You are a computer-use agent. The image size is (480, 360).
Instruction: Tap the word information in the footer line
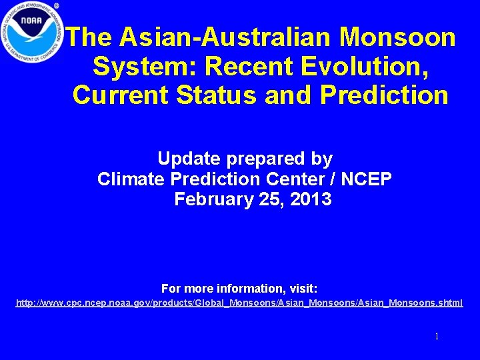pos(251,289)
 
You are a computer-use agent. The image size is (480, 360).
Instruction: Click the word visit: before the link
pos(303,289)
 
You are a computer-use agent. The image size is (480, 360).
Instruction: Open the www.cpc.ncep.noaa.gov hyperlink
pos(239,303)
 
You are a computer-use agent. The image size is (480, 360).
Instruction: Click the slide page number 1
pos(437,337)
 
